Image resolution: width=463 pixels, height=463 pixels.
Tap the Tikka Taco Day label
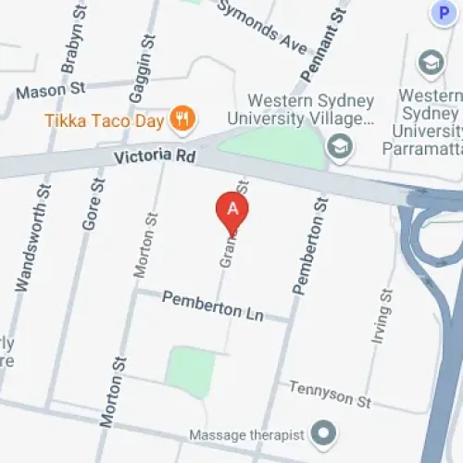pyautogui.click(x=104, y=120)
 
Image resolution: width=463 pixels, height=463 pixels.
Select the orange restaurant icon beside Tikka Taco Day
pyautogui.click(x=181, y=119)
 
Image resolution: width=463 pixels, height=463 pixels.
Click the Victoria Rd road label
pyautogui.click(x=155, y=157)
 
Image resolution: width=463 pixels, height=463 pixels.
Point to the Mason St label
pyautogui.click(x=50, y=91)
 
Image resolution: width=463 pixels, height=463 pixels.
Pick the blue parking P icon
pyautogui.click(x=443, y=12)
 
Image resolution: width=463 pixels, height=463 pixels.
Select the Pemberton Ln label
pyautogui.click(x=212, y=307)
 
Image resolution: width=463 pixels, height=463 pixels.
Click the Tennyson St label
pyautogui.click(x=329, y=394)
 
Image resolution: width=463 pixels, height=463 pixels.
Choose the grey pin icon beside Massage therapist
pyautogui.click(x=323, y=432)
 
